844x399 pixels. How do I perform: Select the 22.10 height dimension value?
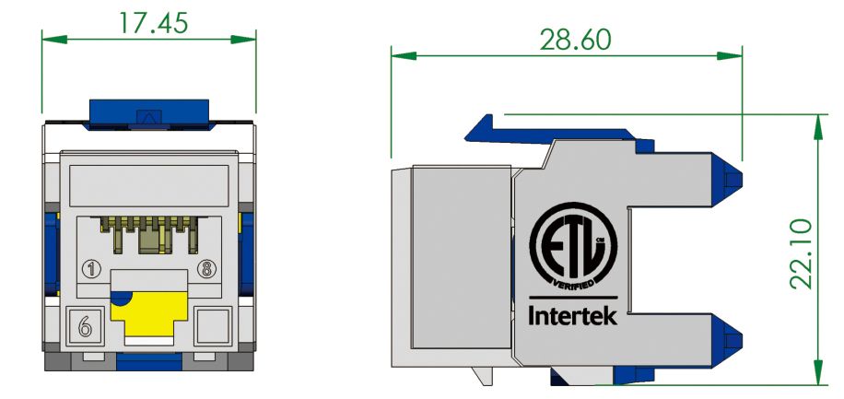tap(801, 253)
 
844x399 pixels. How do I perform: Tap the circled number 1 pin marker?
tap(91, 270)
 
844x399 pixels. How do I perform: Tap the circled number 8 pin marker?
tap(207, 270)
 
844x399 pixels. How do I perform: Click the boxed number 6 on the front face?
tap(85, 324)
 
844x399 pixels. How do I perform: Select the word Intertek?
tap(572, 318)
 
